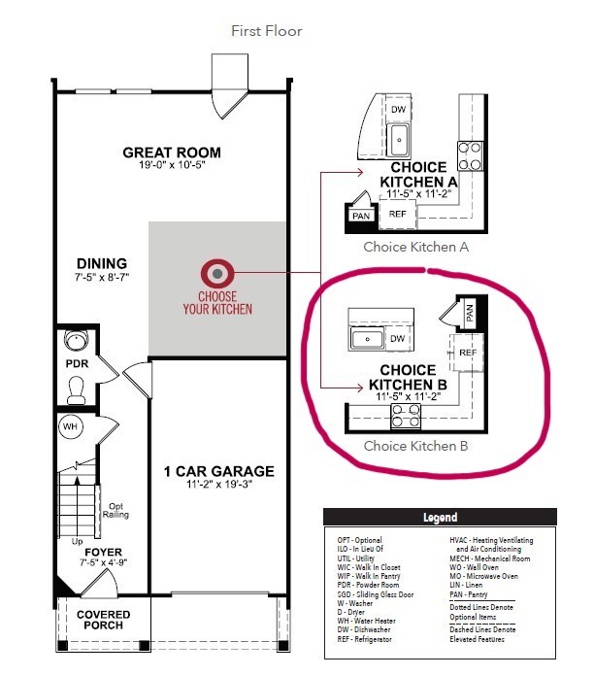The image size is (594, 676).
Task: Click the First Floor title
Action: (x=266, y=31)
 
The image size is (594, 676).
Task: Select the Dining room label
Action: (x=102, y=263)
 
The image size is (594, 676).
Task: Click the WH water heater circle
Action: (x=70, y=426)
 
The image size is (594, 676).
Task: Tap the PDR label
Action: (x=78, y=363)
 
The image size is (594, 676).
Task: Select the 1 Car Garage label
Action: (x=218, y=472)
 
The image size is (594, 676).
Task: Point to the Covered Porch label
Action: (x=104, y=621)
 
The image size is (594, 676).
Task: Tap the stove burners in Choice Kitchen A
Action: (x=471, y=155)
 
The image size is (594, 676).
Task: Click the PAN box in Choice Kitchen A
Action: (x=361, y=216)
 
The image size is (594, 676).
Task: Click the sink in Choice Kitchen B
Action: (x=369, y=338)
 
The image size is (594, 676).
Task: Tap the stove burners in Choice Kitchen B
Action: (x=407, y=417)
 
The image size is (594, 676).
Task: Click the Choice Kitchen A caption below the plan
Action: (x=416, y=247)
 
